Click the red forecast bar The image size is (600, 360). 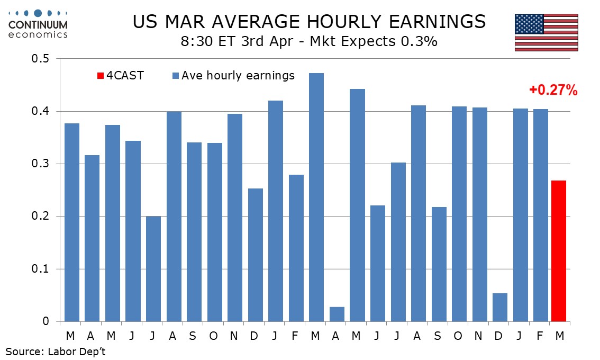click(558, 251)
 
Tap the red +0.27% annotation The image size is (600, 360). click(553, 91)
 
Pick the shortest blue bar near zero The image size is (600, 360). click(337, 314)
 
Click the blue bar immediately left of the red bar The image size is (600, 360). click(538, 215)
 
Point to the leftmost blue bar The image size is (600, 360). click(71, 222)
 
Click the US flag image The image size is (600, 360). click(546, 32)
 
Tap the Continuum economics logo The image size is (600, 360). click(38, 24)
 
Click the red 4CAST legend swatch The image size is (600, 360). click(100, 76)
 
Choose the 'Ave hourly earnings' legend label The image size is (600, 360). click(238, 76)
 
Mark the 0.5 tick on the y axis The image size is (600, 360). click(41, 59)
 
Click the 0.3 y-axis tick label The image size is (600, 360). click(41, 164)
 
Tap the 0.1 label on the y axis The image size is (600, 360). click(41, 269)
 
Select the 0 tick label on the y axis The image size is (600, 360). click(47, 321)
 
